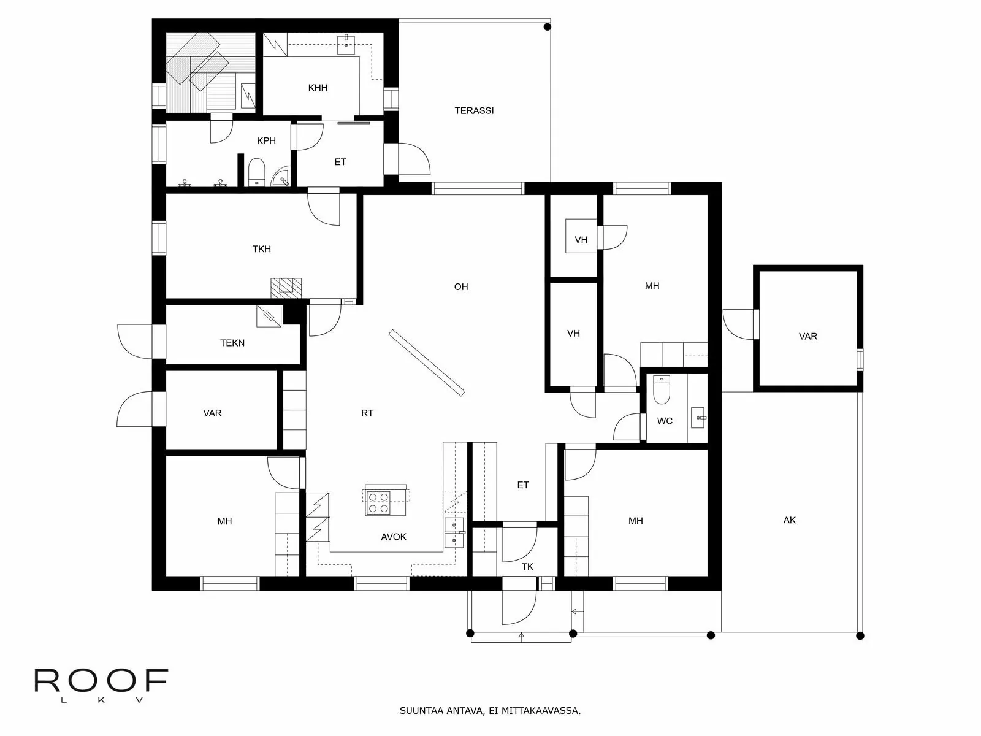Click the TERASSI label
474,111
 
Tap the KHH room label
318,88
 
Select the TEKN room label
232,343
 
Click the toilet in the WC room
662,390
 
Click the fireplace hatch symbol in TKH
286,288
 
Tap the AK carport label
790,520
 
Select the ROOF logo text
101,681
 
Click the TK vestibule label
527,567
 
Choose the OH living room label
461,286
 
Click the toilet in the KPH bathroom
256,172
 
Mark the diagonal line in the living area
427,362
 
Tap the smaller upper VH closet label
581,240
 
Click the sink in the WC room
698,417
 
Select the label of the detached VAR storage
808,336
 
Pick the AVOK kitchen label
394,537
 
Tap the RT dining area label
367,413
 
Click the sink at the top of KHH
347,41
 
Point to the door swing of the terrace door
416,159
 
